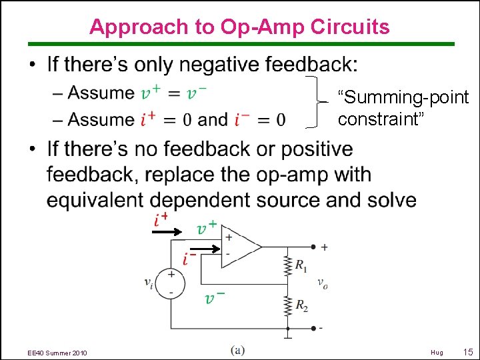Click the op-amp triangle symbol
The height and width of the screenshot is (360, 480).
240,246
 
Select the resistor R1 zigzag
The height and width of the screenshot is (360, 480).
287,265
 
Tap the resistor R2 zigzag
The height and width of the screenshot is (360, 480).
287,306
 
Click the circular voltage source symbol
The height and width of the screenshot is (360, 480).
171,283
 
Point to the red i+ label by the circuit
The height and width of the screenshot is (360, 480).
160,220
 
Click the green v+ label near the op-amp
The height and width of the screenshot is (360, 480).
207,227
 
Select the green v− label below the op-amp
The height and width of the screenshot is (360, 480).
214,297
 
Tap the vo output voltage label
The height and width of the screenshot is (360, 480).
323,284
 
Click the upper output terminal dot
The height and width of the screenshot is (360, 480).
313,247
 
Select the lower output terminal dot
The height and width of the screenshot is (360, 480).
313,328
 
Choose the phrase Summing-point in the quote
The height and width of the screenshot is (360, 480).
403,98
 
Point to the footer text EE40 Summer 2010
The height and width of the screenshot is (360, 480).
57,352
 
